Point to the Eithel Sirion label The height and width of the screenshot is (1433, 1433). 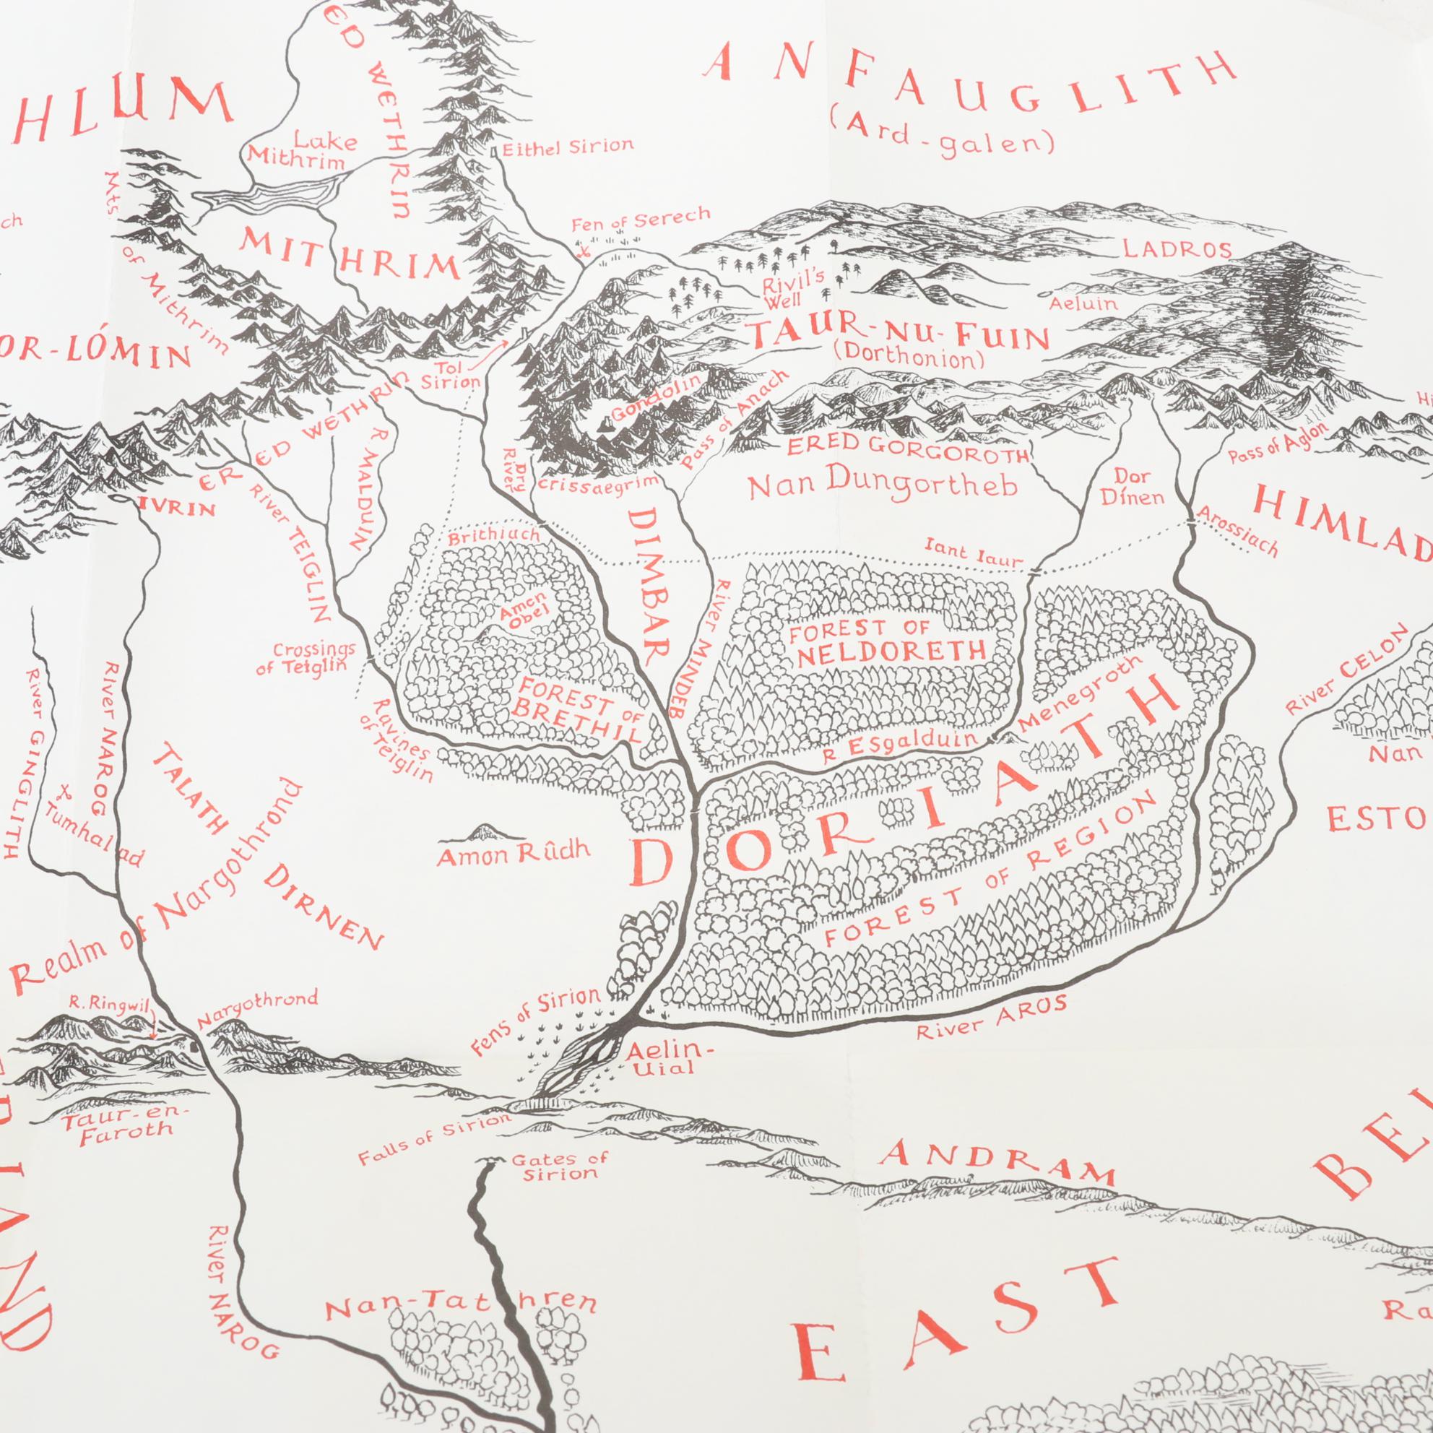tap(568, 147)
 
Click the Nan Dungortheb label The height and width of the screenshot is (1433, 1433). tap(881, 485)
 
